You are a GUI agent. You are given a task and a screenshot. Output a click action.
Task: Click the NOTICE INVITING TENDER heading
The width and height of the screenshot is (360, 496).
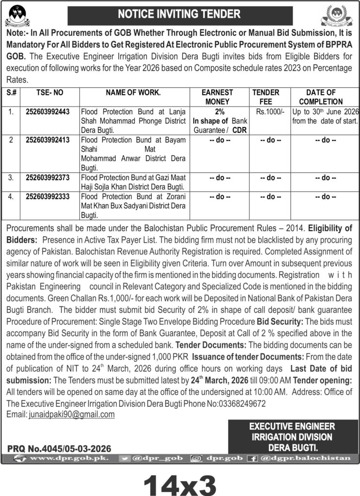click(180, 14)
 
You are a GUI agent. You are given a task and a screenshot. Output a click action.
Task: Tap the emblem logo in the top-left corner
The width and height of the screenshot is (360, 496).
click(17, 15)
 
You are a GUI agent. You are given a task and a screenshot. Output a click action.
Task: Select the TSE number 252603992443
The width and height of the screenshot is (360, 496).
click(47, 111)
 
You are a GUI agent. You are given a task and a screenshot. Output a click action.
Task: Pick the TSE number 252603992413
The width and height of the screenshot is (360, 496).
click(47, 141)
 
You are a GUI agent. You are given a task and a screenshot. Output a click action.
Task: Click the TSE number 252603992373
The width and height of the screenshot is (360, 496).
click(47, 178)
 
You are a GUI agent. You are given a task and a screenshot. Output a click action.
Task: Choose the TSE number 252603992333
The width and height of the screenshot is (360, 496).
click(47, 197)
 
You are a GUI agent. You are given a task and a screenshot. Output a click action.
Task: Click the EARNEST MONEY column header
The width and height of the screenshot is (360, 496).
click(218, 97)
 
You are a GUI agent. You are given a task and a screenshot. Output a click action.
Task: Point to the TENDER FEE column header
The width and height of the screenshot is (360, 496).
click(266, 97)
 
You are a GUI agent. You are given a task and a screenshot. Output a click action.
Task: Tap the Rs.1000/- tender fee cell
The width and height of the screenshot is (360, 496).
click(266, 111)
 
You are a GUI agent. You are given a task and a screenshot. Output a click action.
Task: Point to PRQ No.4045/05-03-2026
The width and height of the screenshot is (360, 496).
click(60, 449)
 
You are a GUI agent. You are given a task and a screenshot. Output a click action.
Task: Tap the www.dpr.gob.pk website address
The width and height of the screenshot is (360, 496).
click(63, 458)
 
